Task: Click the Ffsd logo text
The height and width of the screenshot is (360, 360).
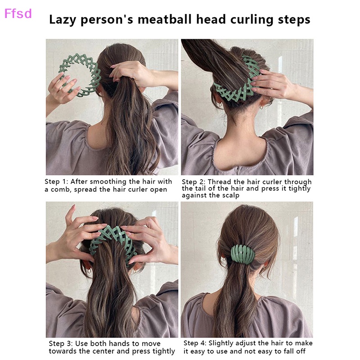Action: [x=18, y=13]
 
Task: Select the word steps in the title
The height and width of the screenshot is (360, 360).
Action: [x=293, y=20]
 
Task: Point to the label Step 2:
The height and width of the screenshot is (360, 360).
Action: [x=194, y=182]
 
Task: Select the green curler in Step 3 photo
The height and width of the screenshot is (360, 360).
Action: [x=112, y=238]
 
